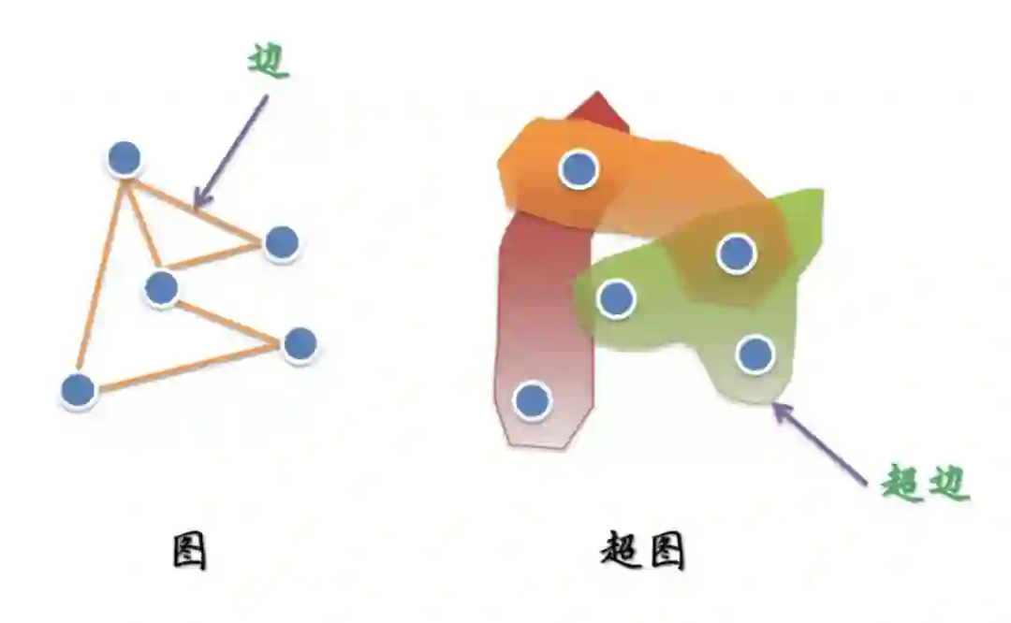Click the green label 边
(x=269, y=60)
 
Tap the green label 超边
(x=925, y=484)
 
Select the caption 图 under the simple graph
(x=190, y=552)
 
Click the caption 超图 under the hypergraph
(x=642, y=552)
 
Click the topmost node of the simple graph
(x=124, y=159)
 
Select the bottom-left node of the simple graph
(x=78, y=391)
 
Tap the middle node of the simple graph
(x=162, y=288)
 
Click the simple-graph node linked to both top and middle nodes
(x=281, y=242)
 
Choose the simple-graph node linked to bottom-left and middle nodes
(x=300, y=345)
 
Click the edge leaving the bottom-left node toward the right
(x=187, y=368)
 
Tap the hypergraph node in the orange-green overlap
(x=737, y=254)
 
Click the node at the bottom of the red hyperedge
(x=533, y=400)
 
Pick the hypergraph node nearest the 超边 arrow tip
(x=755, y=355)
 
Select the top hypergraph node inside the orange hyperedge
(x=579, y=169)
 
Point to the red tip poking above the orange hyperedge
(x=599, y=107)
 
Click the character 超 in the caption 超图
(x=621, y=552)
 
